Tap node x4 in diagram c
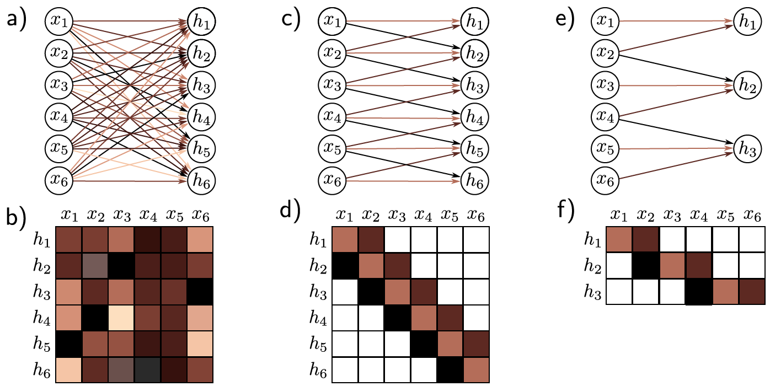[333, 117]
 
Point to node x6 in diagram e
[606, 180]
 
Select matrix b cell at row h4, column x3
[121, 317]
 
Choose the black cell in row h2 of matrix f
[645, 265]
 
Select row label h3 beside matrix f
[593, 292]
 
